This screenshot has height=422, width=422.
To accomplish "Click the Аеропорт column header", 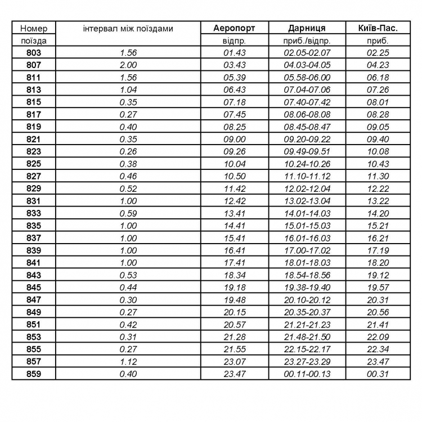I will (235, 28).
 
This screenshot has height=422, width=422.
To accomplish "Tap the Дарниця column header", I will (307, 28).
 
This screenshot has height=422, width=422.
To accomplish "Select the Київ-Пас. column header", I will (378, 28).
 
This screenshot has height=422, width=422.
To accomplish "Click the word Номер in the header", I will (34, 28).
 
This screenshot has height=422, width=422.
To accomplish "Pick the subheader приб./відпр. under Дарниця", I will (307, 41).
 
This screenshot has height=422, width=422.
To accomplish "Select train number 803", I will (34, 53).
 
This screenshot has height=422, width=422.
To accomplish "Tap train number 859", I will (34, 374).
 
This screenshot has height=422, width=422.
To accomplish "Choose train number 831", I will (34, 201).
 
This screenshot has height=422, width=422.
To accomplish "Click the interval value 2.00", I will (128, 65).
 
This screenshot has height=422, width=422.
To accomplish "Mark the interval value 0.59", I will (128, 213).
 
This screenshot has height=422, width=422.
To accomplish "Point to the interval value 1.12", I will (128, 361).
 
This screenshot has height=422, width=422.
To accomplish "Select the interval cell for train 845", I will (128, 288).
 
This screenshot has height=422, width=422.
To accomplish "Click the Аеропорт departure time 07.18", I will (235, 102).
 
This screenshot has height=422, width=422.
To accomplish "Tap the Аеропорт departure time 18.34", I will (235, 275).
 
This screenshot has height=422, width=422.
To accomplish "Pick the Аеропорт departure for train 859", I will (235, 374).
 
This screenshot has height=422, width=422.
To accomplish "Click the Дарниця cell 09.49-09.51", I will (307, 151).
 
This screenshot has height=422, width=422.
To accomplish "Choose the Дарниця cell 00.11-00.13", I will (307, 374).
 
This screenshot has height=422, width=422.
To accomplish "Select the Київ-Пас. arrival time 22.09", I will (378, 336).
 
